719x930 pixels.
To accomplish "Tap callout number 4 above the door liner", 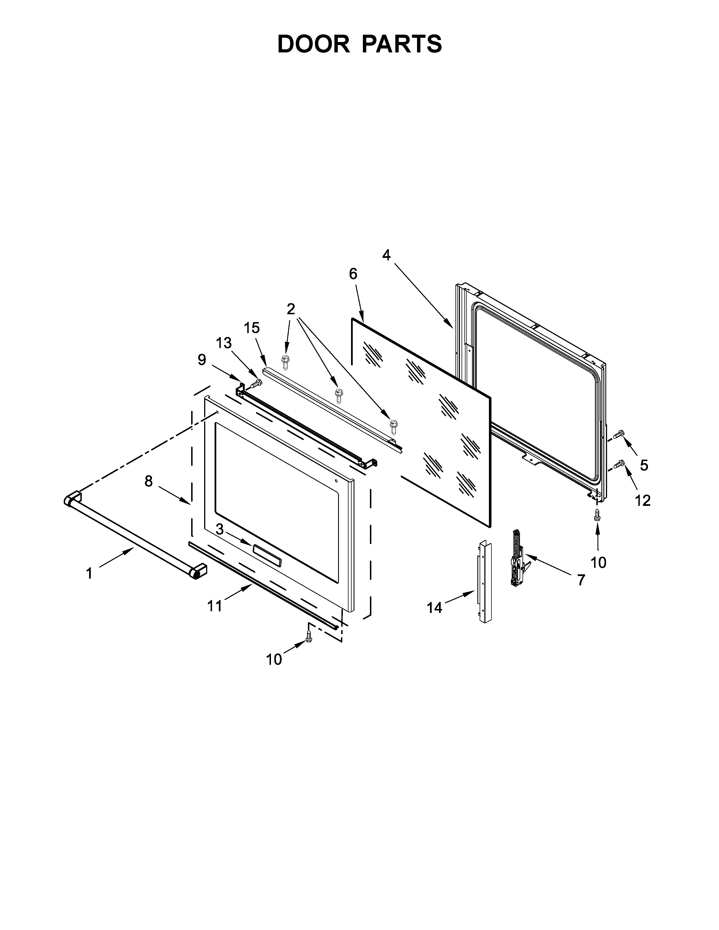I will pos(386,255).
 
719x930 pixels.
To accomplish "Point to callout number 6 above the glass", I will pos(353,274).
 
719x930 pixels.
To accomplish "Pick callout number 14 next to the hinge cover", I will pos(435,608).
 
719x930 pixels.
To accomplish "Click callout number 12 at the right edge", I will pos(643,501).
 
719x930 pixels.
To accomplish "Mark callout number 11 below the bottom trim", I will pos(215,606).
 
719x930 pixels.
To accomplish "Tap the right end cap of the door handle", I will pos(199,571).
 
